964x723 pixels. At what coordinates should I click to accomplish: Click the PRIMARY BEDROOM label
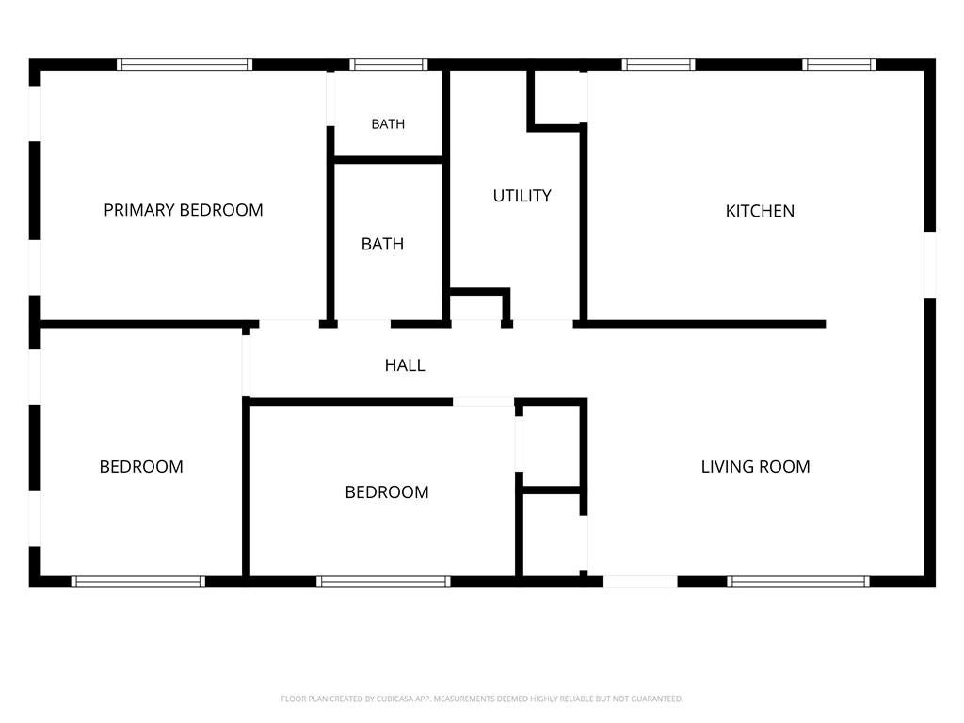click(184, 210)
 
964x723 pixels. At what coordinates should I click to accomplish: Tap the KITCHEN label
click(760, 211)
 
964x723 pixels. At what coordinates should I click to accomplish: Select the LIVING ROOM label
click(756, 467)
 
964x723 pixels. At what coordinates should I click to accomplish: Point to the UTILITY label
click(522, 196)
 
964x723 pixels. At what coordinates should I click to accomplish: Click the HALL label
click(405, 365)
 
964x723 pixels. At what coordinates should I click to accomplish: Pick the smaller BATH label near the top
click(388, 124)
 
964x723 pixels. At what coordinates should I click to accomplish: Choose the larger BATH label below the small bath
click(382, 244)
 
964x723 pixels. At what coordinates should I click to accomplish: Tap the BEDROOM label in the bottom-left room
click(141, 467)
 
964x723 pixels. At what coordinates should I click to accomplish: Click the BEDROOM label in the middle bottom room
click(387, 492)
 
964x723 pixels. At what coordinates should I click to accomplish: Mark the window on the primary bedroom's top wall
click(185, 65)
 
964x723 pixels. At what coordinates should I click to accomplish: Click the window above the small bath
click(389, 65)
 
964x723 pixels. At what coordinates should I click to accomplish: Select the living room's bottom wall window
click(798, 582)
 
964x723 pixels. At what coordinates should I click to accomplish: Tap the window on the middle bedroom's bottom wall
click(384, 582)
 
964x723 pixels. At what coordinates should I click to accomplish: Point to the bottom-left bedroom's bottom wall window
click(137, 582)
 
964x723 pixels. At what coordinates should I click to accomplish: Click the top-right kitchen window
click(839, 65)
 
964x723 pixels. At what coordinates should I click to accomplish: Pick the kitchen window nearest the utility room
click(658, 65)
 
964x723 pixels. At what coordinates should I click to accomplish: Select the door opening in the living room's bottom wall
click(640, 582)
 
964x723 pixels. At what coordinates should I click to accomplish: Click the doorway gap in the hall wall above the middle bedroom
click(484, 402)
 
